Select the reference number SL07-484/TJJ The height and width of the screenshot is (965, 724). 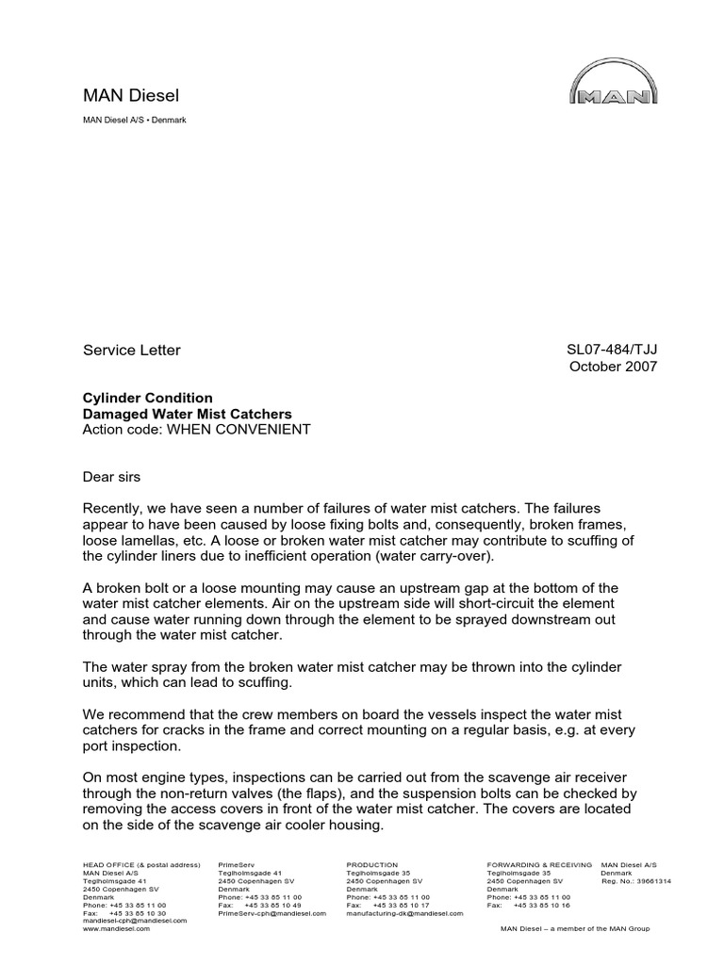(611, 351)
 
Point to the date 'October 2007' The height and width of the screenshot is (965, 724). (612, 368)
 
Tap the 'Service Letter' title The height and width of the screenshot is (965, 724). (131, 351)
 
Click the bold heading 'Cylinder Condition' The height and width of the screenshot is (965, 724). (148, 398)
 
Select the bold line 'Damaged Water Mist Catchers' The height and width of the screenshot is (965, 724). (188, 414)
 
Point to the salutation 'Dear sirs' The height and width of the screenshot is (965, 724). (112, 477)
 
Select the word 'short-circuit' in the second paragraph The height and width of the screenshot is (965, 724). (475, 603)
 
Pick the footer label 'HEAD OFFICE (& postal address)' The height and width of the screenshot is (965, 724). (142, 864)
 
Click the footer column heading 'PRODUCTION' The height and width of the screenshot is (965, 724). (372, 864)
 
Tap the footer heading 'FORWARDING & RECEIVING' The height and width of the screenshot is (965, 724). (539, 864)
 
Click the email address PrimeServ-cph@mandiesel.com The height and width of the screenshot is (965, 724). (271, 913)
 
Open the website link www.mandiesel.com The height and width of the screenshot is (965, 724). (117, 928)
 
